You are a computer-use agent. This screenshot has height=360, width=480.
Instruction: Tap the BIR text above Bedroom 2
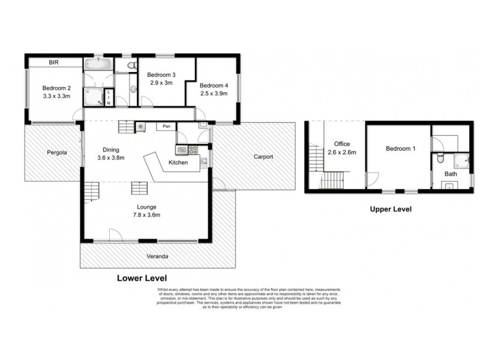pyautogui.click(x=53, y=62)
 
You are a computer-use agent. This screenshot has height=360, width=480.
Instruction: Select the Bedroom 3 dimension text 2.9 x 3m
pyautogui.click(x=160, y=83)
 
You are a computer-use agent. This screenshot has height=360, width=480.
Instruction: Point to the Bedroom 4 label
pyautogui.click(x=214, y=85)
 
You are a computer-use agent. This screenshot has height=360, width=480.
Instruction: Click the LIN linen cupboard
pyautogui.click(x=109, y=98)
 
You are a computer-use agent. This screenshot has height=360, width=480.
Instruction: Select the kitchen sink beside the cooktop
pyautogui.click(x=182, y=149)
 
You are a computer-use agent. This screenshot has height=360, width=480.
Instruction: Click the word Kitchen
pyautogui.click(x=179, y=163)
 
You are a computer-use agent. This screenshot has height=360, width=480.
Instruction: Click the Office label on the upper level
pyautogui.click(x=342, y=144)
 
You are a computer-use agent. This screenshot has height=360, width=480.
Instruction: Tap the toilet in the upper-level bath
pyautogui.click(x=440, y=158)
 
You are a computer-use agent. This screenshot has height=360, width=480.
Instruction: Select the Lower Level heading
pyautogui.click(x=142, y=278)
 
